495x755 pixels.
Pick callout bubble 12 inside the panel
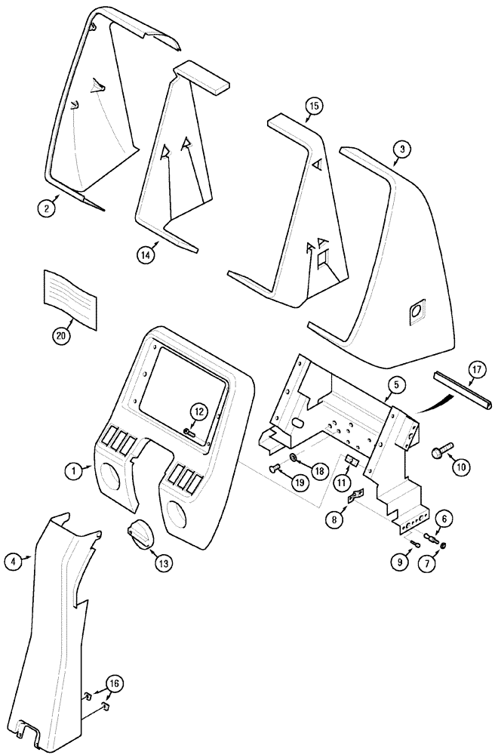point(198,411)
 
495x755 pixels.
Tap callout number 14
point(146,255)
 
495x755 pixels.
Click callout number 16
point(112,684)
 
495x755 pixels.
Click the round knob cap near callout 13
point(140,532)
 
